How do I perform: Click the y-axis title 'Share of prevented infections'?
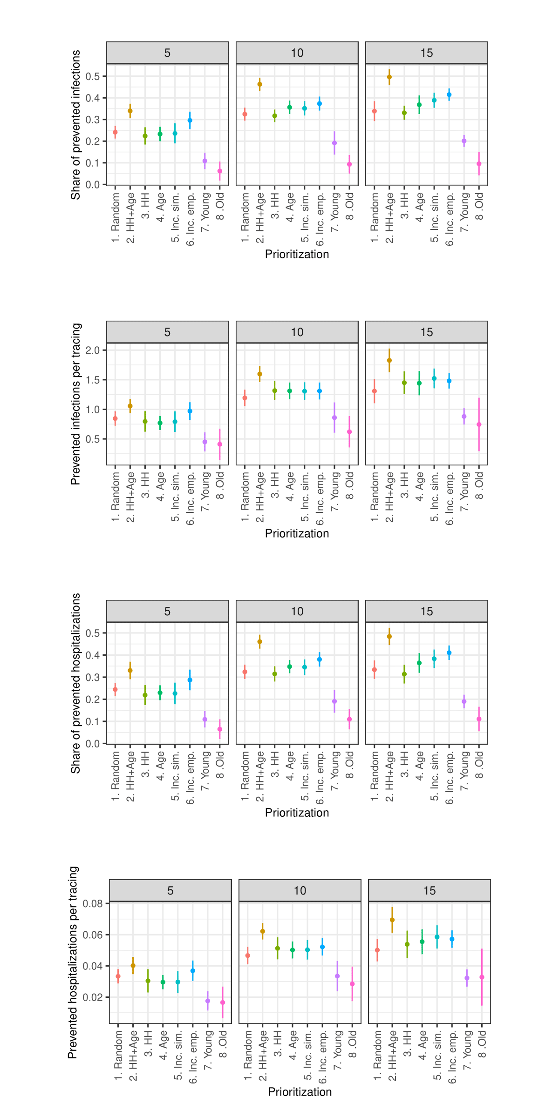tap(75, 125)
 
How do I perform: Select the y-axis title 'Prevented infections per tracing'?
tap(75, 404)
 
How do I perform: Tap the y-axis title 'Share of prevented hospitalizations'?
tap(75, 683)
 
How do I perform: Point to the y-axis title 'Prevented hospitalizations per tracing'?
tap(73, 962)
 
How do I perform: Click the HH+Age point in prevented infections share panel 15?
tap(389, 77)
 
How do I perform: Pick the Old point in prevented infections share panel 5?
tap(220, 171)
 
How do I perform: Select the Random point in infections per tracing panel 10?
tap(245, 398)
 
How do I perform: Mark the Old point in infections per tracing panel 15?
tap(479, 424)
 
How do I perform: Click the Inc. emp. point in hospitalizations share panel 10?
tap(320, 659)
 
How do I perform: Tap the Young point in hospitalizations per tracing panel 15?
tap(467, 978)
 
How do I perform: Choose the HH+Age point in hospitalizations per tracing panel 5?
tap(133, 966)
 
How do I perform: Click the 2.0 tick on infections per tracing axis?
tap(94, 350)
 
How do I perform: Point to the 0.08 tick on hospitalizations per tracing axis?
tap(93, 904)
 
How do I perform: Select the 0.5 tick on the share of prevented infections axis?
tap(94, 76)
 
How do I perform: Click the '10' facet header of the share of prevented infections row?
tap(297, 53)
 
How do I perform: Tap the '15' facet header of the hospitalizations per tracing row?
tap(429, 891)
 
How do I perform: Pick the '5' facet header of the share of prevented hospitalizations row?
tap(167, 612)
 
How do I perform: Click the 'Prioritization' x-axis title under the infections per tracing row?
tap(297, 533)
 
